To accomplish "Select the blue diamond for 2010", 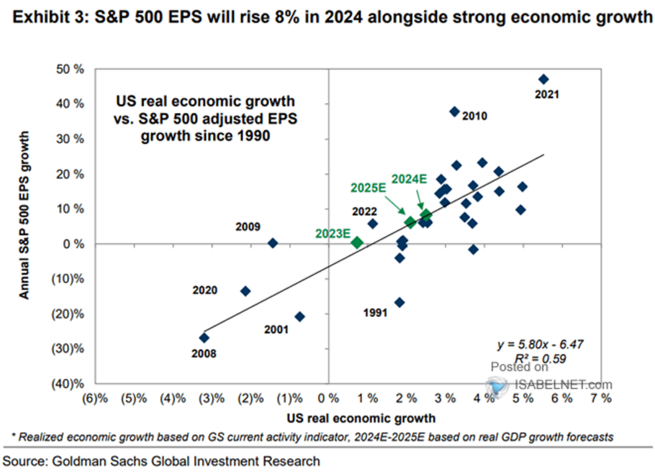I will tap(454, 111).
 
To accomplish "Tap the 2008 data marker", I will tap(204, 338).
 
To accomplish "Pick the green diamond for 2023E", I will tap(357, 242).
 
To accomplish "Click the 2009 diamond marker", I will tap(273, 243).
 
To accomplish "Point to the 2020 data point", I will tap(246, 291).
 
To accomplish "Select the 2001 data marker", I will tap(299, 317).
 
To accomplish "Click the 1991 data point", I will tap(400, 302).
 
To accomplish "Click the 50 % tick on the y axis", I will tap(84, 69).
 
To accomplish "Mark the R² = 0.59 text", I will tap(543, 359).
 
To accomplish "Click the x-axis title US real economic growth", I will tap(361, 419).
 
